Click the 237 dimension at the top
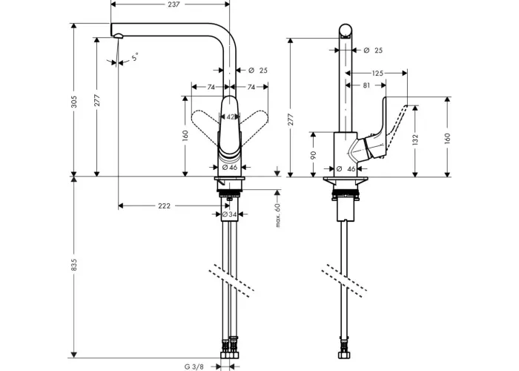173,4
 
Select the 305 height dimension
74,102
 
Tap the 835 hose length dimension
74,265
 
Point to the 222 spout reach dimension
164,206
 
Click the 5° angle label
134,57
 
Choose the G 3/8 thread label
194,367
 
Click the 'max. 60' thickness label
277,215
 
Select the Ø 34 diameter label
229,214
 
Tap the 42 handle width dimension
231,117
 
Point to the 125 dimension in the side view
377,73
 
